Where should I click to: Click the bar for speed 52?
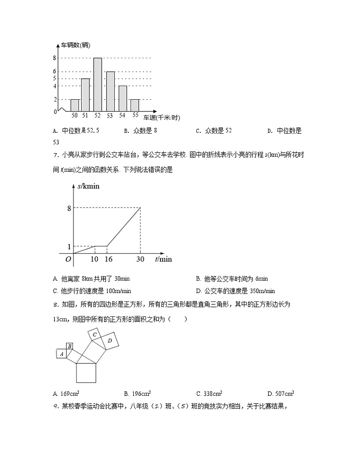point(97,85)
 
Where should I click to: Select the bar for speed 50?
point(75,105)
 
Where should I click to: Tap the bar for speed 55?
point(135,105)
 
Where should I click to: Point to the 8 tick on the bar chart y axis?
point(54,58)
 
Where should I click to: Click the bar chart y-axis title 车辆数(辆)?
point(76,45)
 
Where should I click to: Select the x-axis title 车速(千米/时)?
point(162,118)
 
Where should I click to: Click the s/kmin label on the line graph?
point(88,186)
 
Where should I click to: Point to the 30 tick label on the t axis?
point(140,259)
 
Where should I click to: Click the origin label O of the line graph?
point(68,259)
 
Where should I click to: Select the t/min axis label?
point(163,259)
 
